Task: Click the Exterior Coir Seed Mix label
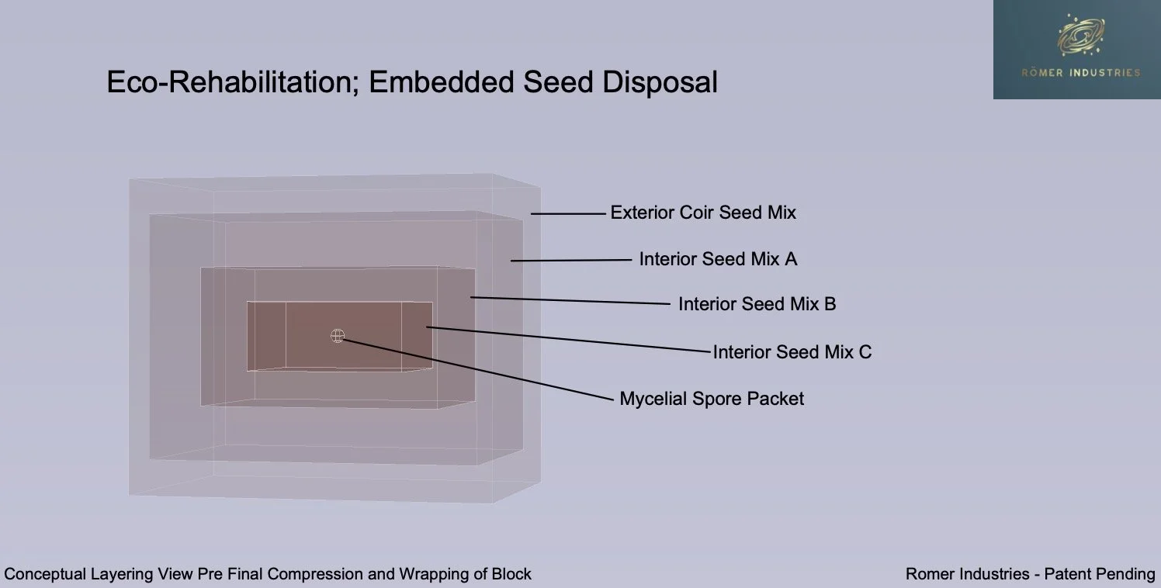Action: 703,213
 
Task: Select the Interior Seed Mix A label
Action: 718,259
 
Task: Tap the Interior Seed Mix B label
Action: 757,304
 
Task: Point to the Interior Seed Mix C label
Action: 792,352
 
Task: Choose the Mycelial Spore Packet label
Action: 712,399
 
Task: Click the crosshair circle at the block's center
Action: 338,335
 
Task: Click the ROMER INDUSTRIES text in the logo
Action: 1080,73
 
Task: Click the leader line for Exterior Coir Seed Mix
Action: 567,213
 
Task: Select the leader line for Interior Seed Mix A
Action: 571,261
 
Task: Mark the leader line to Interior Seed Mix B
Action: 570,300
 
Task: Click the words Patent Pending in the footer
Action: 1100,575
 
